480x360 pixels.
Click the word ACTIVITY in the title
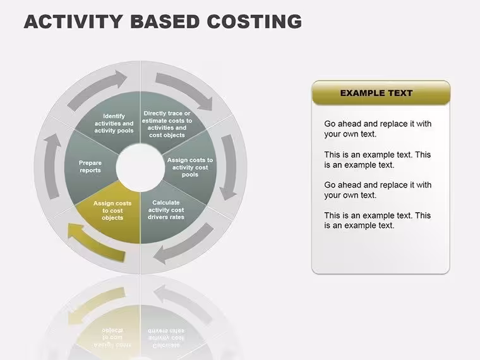pos(73,21)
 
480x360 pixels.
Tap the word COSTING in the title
pos(255,21)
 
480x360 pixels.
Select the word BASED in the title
pos(165,21)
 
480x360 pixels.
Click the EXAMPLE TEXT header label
pos(376,93)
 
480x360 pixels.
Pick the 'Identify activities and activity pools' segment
pos(114,123)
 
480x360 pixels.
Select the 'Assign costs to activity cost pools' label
pos(190,167)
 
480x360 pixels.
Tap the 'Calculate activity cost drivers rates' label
pos(166,210)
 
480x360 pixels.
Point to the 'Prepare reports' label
pos(90,167)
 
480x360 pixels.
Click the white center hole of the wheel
pos(140,168)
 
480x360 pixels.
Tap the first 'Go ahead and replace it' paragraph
pos(378,129)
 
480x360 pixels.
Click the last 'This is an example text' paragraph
pos(378,220)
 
